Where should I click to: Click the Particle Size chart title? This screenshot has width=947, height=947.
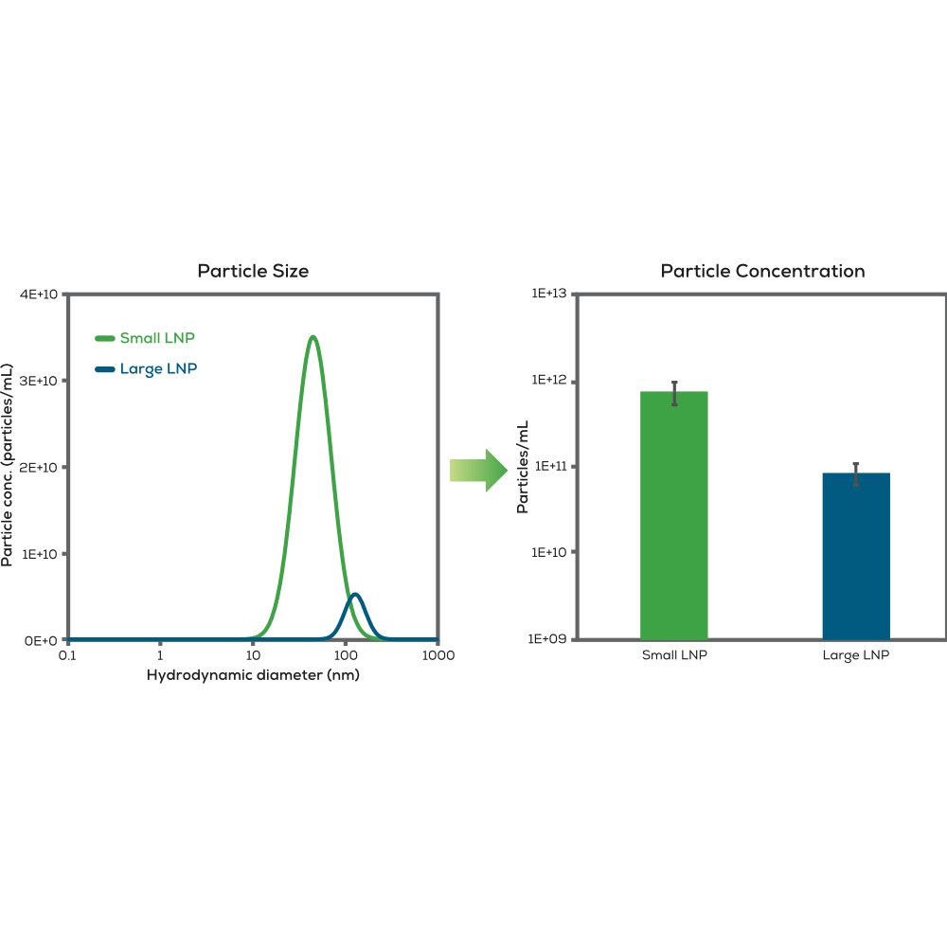pos(253,271)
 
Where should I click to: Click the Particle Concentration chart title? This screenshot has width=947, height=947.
pos(762,271)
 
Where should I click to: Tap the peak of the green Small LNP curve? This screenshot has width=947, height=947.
pos(313,337)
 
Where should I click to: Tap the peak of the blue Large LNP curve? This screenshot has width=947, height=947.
pos(355,595)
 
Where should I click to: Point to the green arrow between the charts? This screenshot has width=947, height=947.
pos(479,470)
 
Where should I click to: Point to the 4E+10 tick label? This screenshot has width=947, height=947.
pos(40,295)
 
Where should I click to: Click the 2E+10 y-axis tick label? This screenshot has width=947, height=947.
pos(40,468)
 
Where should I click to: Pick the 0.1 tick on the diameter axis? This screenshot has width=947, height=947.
pos(67,655)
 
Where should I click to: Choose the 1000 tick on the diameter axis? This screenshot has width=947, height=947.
pos(438,655)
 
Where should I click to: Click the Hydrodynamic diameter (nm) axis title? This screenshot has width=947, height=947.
pos(253,675)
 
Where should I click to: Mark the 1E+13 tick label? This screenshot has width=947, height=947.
pos(546,295)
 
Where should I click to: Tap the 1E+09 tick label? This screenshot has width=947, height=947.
pos(546,639)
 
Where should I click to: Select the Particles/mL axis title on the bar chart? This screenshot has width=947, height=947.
pos(522,467)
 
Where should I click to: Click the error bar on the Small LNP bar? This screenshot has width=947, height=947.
pos(674,392)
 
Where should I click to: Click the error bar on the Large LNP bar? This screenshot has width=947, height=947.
pos(856,473)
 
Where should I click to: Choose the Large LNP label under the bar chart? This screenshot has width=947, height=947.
pos(856,655)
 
